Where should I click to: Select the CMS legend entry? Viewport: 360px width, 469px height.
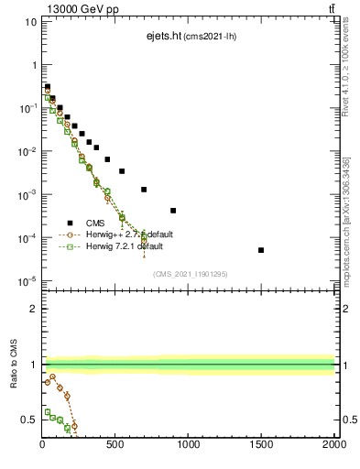95,222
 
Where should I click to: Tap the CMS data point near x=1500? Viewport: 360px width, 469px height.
261,250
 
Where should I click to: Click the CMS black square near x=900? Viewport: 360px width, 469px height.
173,210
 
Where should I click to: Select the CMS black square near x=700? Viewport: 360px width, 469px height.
144,190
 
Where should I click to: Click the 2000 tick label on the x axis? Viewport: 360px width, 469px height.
333,446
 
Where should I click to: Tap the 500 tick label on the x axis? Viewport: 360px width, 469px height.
115,446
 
